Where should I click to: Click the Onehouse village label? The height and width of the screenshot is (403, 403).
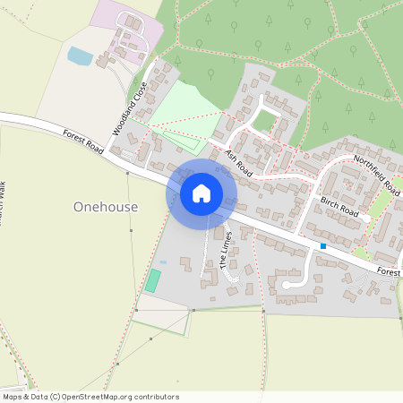click(106, 207)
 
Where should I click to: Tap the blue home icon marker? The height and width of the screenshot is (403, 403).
click(201, 193)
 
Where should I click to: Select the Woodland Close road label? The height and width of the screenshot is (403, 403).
click(129, 108)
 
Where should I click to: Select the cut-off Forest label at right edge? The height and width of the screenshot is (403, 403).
click(389, 271)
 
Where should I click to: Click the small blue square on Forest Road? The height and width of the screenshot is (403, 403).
click(323, 246)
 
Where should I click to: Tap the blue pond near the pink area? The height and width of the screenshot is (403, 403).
click(80, 56)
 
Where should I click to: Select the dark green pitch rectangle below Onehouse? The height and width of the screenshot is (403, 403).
click(153, 280)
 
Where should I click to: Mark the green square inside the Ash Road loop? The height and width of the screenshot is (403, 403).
click(266, 120)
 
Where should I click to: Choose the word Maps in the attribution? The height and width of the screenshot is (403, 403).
click(13, 397)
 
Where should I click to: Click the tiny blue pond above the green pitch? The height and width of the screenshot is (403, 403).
click(162, 262)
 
